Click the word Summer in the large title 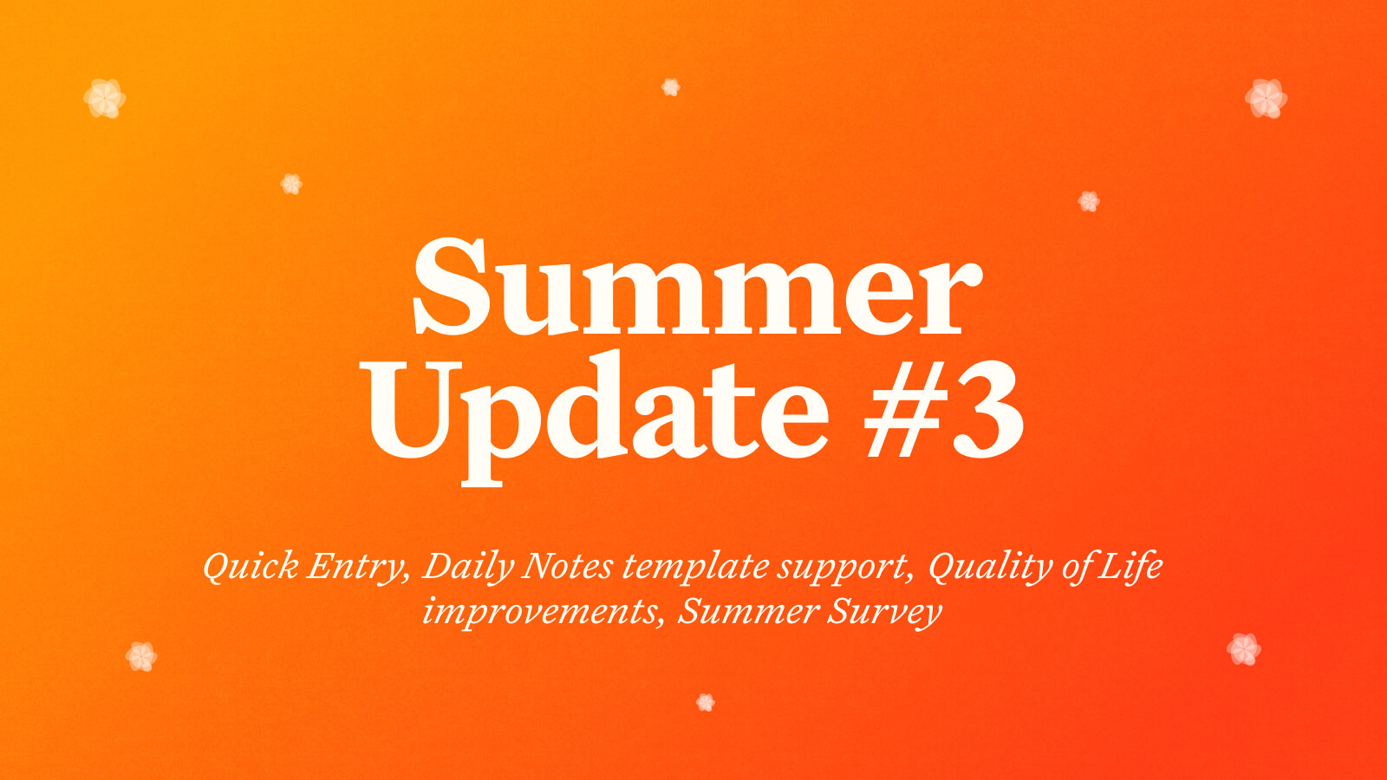click(x=698, y=287)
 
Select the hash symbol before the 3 click(x=907, y=409)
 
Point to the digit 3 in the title click(x=988, y=410)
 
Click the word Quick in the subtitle click(x=251, y=567)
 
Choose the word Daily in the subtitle click(x=467, y=567)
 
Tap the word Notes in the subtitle click(x=568, y=566)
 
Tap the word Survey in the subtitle click(x=885, y=613)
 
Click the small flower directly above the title click(x=671, y=88)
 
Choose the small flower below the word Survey click(x=706, y=703)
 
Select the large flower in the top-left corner click(x=105, y=99)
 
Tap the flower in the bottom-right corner click(x=1244, y=649)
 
